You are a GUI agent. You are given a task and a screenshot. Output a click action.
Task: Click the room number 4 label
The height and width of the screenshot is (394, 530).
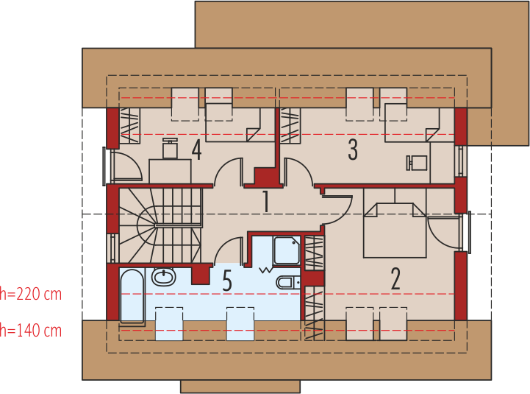(x=197, y=149)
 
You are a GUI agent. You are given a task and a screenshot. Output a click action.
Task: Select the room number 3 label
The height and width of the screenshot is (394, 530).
(x=353, y=149)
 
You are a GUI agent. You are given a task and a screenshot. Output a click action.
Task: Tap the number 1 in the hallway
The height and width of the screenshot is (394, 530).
(x=266, y=201)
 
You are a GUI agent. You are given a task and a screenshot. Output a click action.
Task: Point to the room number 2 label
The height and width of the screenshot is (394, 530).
(x=395, y=278)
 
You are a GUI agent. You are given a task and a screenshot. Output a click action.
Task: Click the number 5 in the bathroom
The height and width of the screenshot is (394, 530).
(x=227, y=281)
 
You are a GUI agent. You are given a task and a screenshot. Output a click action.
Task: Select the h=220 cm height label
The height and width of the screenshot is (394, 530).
(x=31, y=294)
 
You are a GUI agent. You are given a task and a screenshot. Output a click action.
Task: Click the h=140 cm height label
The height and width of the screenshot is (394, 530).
(x=31, y=331)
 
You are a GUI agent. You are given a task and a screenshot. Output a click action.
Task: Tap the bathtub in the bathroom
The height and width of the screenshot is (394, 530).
(x=132, y=295)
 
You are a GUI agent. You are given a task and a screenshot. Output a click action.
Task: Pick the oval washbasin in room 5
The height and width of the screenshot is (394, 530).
(x=164, y=276)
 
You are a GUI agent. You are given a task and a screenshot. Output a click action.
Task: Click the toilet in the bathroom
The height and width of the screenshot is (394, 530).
(x=288, y=282)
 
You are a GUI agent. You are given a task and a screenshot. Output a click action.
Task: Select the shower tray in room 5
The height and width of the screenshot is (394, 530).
(x=287, y=250)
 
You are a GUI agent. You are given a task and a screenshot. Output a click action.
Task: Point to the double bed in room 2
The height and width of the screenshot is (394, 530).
(x=395, y=231)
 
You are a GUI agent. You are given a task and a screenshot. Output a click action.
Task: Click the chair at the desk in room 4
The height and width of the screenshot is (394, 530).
(x=170, y=148)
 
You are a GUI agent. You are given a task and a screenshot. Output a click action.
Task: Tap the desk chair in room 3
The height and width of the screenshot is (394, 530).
(x=417, y=163)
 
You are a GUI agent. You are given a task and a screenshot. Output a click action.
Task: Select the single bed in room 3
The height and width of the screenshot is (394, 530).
(x=418, y=123)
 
